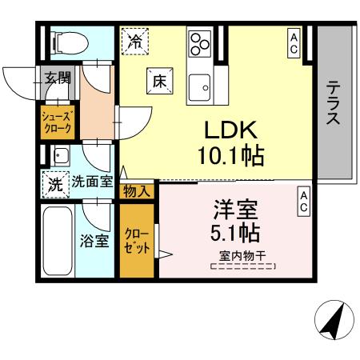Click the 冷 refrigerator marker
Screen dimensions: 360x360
(x=135, y=41)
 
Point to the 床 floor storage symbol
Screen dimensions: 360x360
(x=158, y=80)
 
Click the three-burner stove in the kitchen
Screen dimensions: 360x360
(x=200, y=42)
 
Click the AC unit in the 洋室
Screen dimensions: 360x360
(x=304, y=201)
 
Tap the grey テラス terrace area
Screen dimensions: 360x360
(x=334, y=104)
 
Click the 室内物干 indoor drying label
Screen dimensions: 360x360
(x=242, y=257)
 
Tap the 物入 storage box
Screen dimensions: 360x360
(x=137, y=190)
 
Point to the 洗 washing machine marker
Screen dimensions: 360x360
(x=54, y=182)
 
